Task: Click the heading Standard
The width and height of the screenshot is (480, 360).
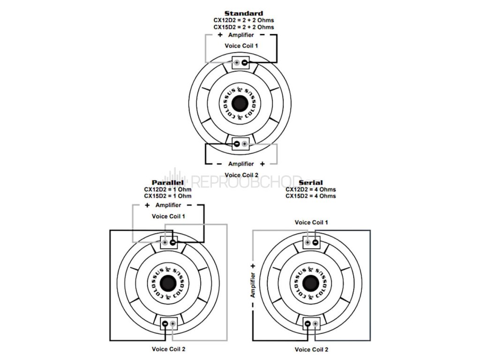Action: [243, 13]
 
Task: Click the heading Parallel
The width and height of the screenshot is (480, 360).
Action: [167, 182]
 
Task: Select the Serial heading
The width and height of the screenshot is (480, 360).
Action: [310, 182]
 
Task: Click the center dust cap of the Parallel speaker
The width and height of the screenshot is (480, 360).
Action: [168, 283]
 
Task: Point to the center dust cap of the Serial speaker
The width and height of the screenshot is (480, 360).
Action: [311, 283]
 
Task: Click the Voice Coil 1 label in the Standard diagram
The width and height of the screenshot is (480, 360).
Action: [241, 45]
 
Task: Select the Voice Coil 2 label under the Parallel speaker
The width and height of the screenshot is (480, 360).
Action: [168, 349]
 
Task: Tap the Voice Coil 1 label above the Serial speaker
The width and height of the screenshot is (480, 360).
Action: [311, 222]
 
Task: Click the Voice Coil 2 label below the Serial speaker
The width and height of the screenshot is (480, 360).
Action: [311, 349]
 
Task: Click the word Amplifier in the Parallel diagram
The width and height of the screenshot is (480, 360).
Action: [168, 205]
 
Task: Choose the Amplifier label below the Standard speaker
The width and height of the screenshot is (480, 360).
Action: [241, 164]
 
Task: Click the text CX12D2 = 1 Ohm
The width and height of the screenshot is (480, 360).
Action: [167, 189]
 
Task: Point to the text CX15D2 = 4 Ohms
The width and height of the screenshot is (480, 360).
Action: [310, 196]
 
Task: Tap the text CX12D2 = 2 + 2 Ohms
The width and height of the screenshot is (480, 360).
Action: [243, 21]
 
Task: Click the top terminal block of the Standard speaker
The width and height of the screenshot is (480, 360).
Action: [240, 62]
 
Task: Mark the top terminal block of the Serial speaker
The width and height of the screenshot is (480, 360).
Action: [311, 242]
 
